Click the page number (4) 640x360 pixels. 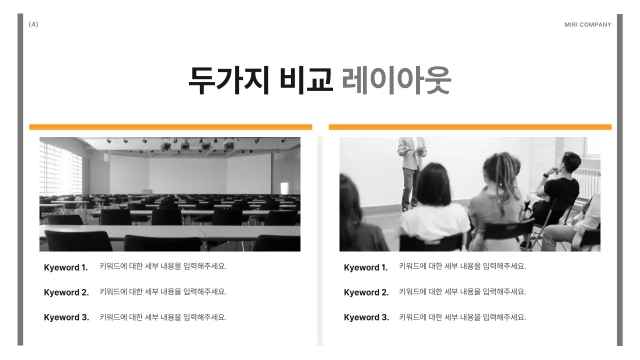click(x=33, y=24)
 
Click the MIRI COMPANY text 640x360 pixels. click(x=587, y=24)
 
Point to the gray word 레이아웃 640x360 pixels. click(x=396, y=80)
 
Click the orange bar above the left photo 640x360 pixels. click(x=170, y=127)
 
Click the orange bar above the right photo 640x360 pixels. click(x=470, y=127)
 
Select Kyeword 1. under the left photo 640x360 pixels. click(x=65, y=267)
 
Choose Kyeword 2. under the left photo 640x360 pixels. click(x=66, y=292)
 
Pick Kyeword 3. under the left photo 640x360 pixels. click(x=66, y=317)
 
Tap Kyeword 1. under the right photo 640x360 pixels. click(x=365, y=267)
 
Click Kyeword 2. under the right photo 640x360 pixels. click(x=366, y=292)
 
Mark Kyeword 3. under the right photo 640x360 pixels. click(x=366, y=317)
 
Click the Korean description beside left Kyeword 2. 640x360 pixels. click(x=163, y=291)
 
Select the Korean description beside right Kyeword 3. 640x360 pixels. click(x=462, y=317)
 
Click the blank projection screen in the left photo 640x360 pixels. click(x=190, y=172)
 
